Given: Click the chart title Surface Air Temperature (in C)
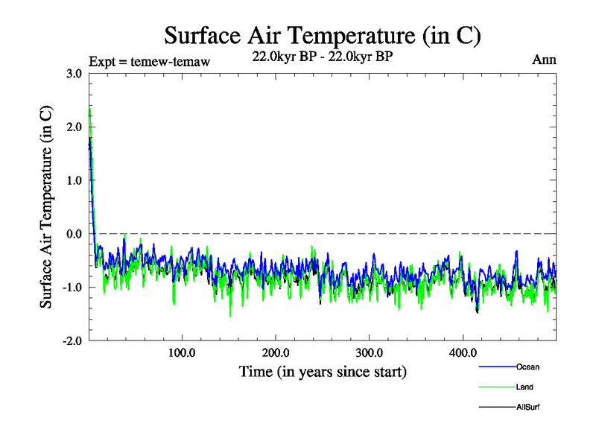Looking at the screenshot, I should click(322, 36).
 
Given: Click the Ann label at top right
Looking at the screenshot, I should click(544, 60).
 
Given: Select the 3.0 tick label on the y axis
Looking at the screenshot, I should click(74, 73).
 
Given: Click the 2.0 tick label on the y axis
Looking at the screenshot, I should click(74, 127).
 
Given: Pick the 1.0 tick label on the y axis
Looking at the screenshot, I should click(74, 180).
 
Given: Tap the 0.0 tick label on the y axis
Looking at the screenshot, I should click(74, 234).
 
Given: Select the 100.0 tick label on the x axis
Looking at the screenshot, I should click(182, 352).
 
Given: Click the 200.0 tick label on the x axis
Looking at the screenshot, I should click(276, 352).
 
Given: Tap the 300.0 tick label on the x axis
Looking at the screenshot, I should click(370, 352).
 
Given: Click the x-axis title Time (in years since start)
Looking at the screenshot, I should click(323, 370).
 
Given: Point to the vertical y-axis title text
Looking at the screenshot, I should click(46, 207).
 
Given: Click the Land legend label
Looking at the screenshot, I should click(524, 387).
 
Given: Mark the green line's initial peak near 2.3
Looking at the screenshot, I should click(90, 110).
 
